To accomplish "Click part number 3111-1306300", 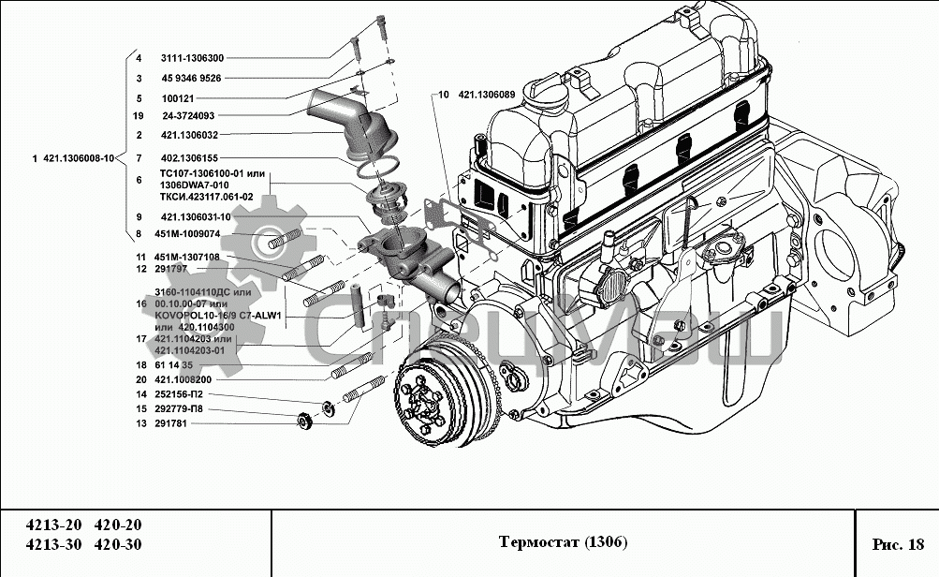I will coord(192,58).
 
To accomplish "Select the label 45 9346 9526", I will coord(191,79).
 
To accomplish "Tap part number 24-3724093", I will coord(187,116).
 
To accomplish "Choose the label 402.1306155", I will coord(190,158).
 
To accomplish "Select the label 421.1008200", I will coord(186,379).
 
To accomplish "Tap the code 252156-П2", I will coord(182,394).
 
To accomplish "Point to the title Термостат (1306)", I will coord(563,543).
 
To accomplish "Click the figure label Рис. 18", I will coord(898,543).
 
